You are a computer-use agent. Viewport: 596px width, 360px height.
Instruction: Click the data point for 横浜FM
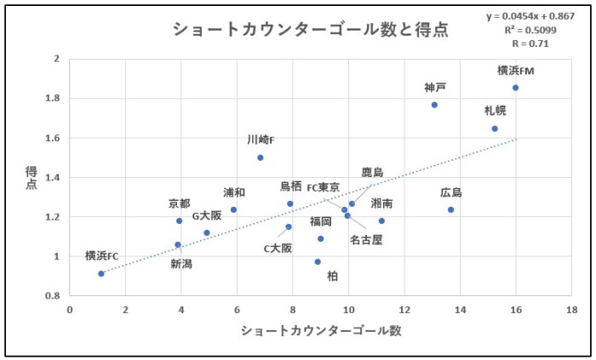click(515, 88)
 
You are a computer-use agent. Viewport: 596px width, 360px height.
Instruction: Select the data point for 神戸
click(434, 105)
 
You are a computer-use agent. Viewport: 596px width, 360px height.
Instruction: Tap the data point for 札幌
click(495, 129)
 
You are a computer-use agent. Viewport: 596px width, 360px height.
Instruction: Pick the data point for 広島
click(451, 209)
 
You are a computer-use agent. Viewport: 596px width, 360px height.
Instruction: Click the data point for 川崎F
click(261, 157)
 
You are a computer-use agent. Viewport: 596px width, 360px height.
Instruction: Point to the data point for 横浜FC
click(101, 273)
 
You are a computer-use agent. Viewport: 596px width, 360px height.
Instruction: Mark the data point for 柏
click(318, 261)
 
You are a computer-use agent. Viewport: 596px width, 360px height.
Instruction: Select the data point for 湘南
click(381, 220)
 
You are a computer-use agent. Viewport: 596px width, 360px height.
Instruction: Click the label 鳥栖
click(290, 186)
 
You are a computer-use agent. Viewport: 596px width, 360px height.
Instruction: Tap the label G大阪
click(206, 215)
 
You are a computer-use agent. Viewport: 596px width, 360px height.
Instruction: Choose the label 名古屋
click(366, 240)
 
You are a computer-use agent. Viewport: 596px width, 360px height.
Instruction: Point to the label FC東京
click(324, 187)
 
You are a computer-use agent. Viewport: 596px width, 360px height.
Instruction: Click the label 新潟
click(181, 264)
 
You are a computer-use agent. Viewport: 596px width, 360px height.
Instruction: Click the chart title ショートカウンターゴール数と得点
click(310, 29)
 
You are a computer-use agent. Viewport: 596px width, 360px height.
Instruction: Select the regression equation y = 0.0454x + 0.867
click(530, 17)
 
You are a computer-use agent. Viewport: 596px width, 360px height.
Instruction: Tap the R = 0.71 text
click(531, 43)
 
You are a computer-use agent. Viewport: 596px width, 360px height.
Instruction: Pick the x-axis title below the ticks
click(320, 330)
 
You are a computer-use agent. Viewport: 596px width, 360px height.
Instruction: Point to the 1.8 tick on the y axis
click(53, 98)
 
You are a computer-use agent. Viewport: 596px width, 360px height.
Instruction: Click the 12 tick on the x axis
click(404, 310)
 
